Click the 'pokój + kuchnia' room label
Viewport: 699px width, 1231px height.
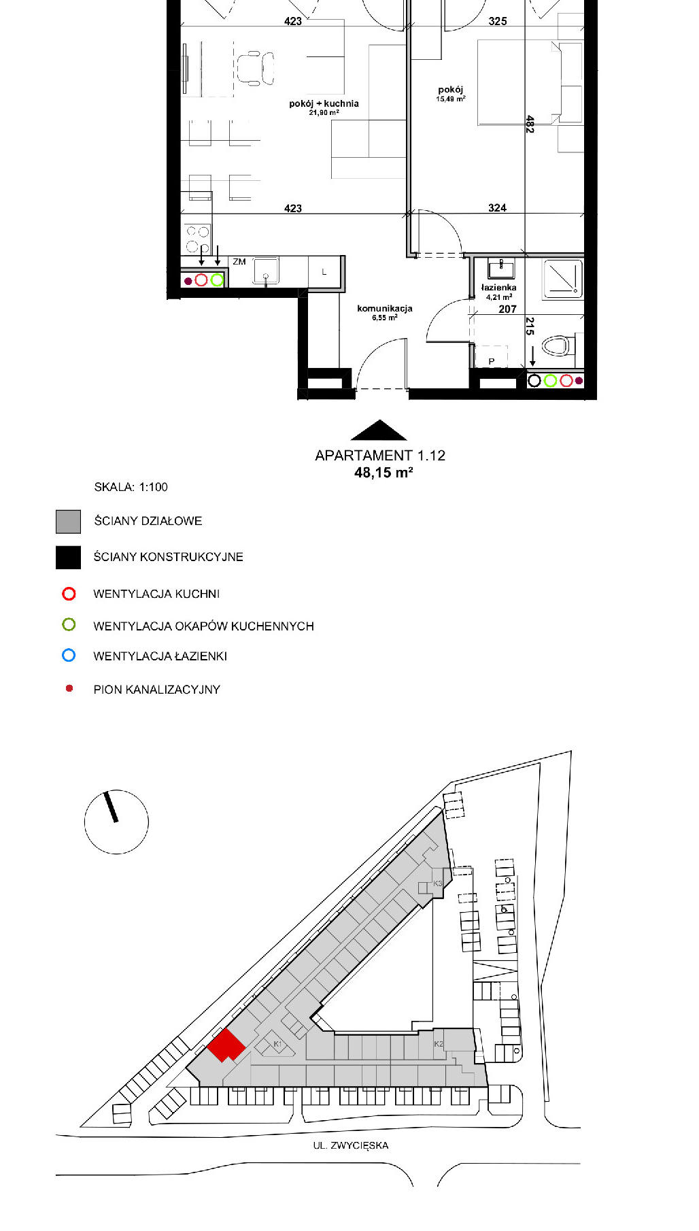(x=324, y=103)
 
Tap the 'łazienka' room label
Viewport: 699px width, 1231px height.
(x=498, y=288)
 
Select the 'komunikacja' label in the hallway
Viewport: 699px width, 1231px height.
(x=385, y=308)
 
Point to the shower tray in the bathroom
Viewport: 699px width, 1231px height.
(x=562, y=279)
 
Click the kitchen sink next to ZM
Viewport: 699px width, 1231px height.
(x=266, y=271)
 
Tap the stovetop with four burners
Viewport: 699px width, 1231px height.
(x=197, y=239)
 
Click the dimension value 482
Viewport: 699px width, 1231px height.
(x=530, y=124)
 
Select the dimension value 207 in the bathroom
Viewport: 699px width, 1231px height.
(x=507, y=309)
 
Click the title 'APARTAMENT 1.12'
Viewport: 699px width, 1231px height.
(x=380, y=456)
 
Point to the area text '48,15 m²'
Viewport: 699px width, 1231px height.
(x=383, y=473)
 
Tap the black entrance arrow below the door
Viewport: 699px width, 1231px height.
(x=379, y=430)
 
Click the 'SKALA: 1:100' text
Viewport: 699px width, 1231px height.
(x=131, y=487)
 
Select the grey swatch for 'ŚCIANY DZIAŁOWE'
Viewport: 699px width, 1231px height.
(x=68, y=522)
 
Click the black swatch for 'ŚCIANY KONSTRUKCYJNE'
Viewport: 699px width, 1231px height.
(x=68, y=558)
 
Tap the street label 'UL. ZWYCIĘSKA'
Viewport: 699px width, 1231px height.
(x=351, y=1145)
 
